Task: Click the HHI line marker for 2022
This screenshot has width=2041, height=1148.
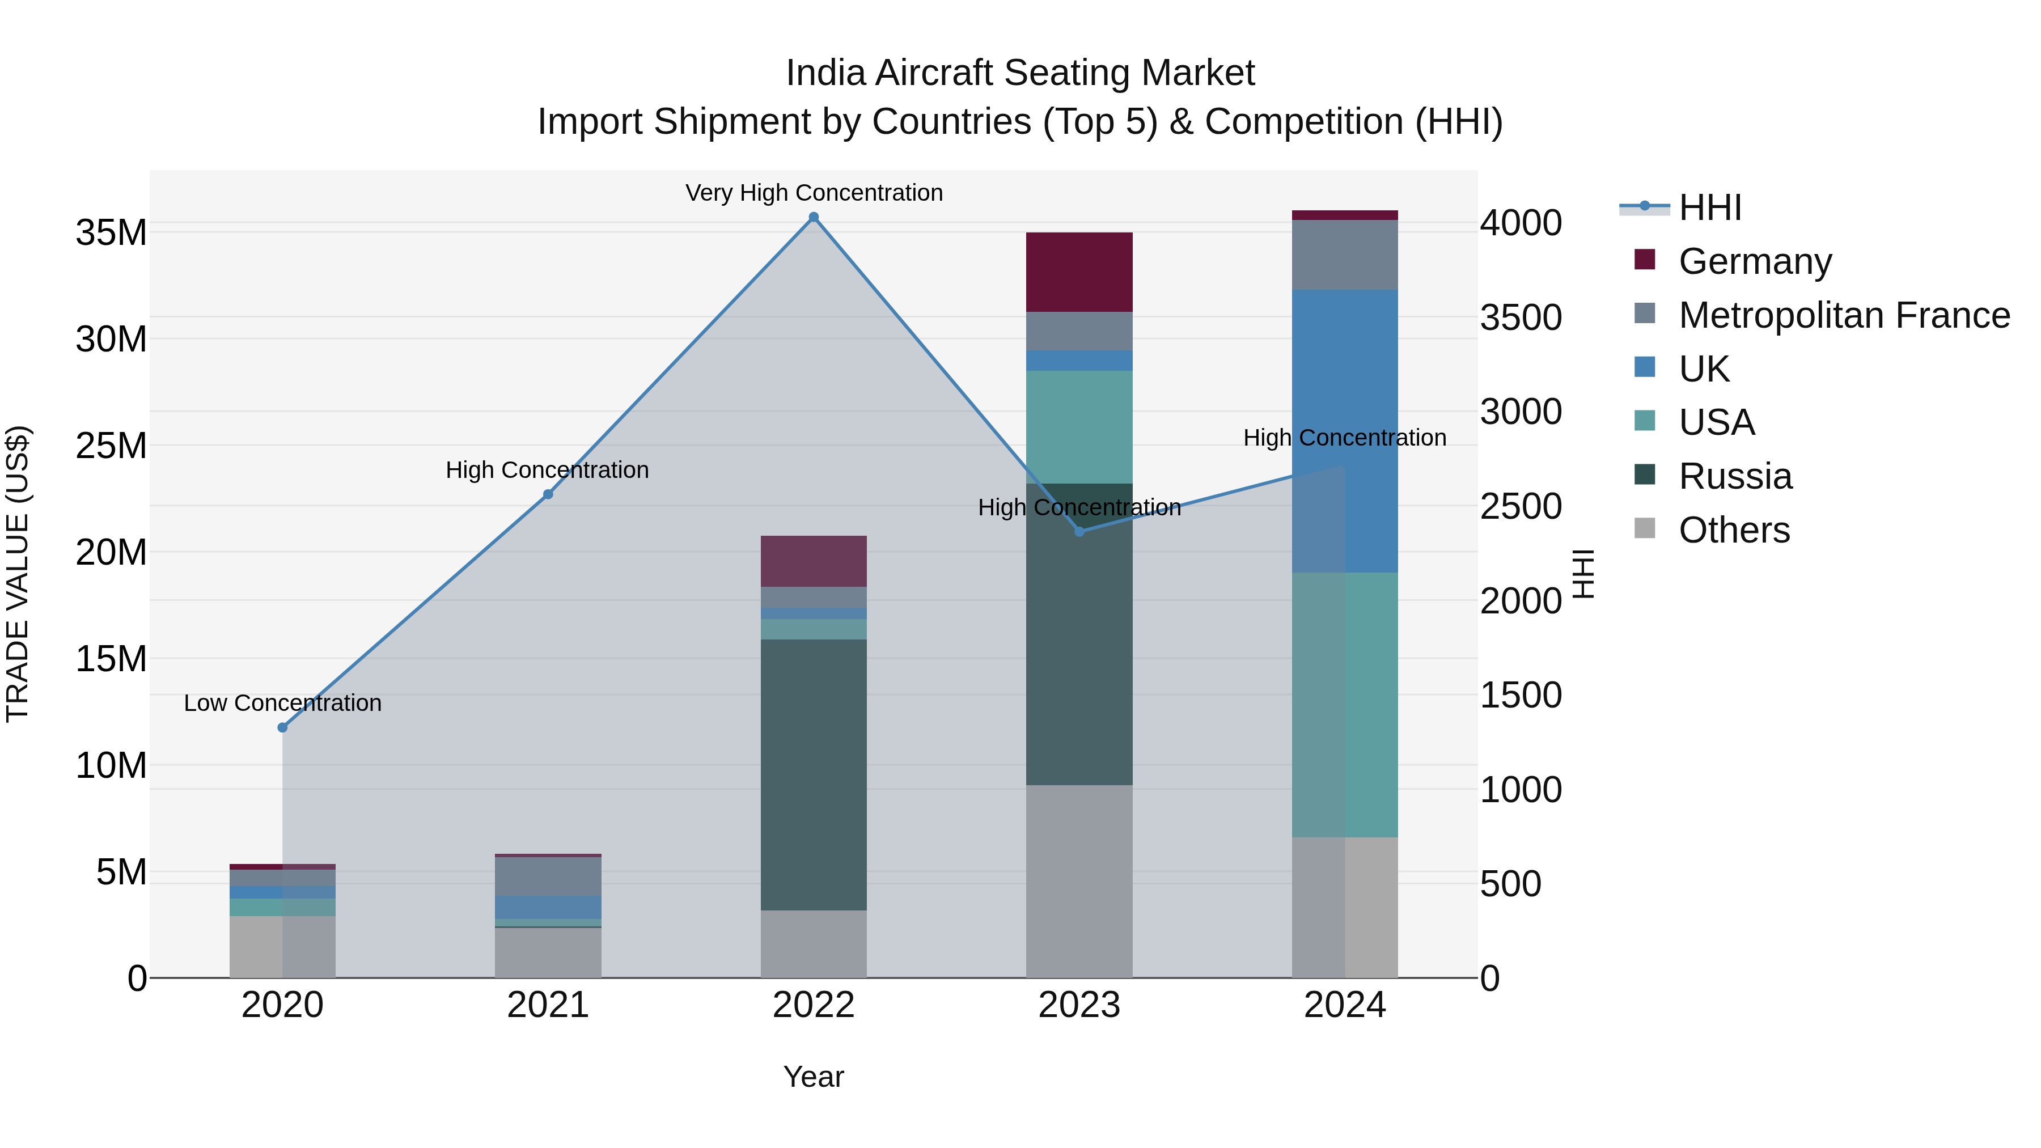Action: pyautogui.click(x=814, y=217)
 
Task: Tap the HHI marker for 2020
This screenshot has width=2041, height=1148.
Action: pyautogui.click(x=283, y=727)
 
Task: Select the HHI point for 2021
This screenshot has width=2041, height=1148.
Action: pyautogui.click(x=548, y=494)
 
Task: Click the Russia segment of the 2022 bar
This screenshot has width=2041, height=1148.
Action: pyautogui.click(x=814, y=775)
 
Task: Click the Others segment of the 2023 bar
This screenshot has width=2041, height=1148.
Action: pyautogui.click(x=1079, y=881)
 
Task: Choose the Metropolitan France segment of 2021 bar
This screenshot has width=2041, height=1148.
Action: pyautogui.click(x=548, y=876)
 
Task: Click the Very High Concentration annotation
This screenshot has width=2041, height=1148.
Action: pyautogui.click(x=814, y=193)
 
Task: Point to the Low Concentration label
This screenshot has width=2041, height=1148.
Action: pyautogui.click(x=283, y=703)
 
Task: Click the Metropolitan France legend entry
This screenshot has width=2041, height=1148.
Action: pyautogui.click(x=1843, y=315)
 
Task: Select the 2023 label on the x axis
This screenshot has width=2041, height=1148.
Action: pyautogui.click(x=1079, y=1005)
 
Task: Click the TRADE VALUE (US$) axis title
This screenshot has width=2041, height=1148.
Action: pyautogui.click(x=18, y=574)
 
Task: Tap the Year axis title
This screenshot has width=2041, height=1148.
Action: pyautogui.click(x=814, y=1077)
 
